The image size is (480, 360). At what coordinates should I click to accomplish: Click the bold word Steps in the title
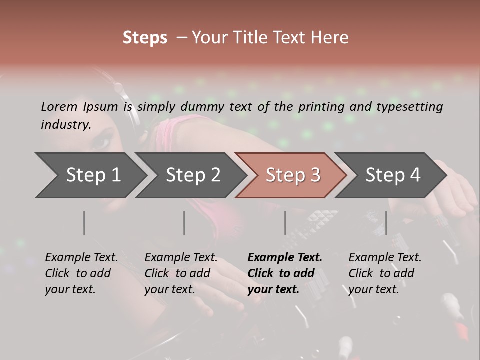[145, 38]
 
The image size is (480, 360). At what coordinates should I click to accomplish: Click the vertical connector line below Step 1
[84, 223]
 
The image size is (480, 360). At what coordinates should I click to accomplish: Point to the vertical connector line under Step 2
[184, 223]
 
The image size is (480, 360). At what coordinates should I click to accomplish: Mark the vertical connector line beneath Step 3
[285, 223]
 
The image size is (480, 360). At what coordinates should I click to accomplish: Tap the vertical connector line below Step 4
[386, 223]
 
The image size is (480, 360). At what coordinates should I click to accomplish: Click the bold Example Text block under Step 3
[285, 273]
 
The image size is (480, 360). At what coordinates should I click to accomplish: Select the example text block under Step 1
[81, 273]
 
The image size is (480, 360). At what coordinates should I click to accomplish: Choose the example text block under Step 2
[181, 273]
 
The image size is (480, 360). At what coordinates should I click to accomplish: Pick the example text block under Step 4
[385, 273]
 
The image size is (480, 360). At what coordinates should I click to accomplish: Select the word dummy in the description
[203, 106]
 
